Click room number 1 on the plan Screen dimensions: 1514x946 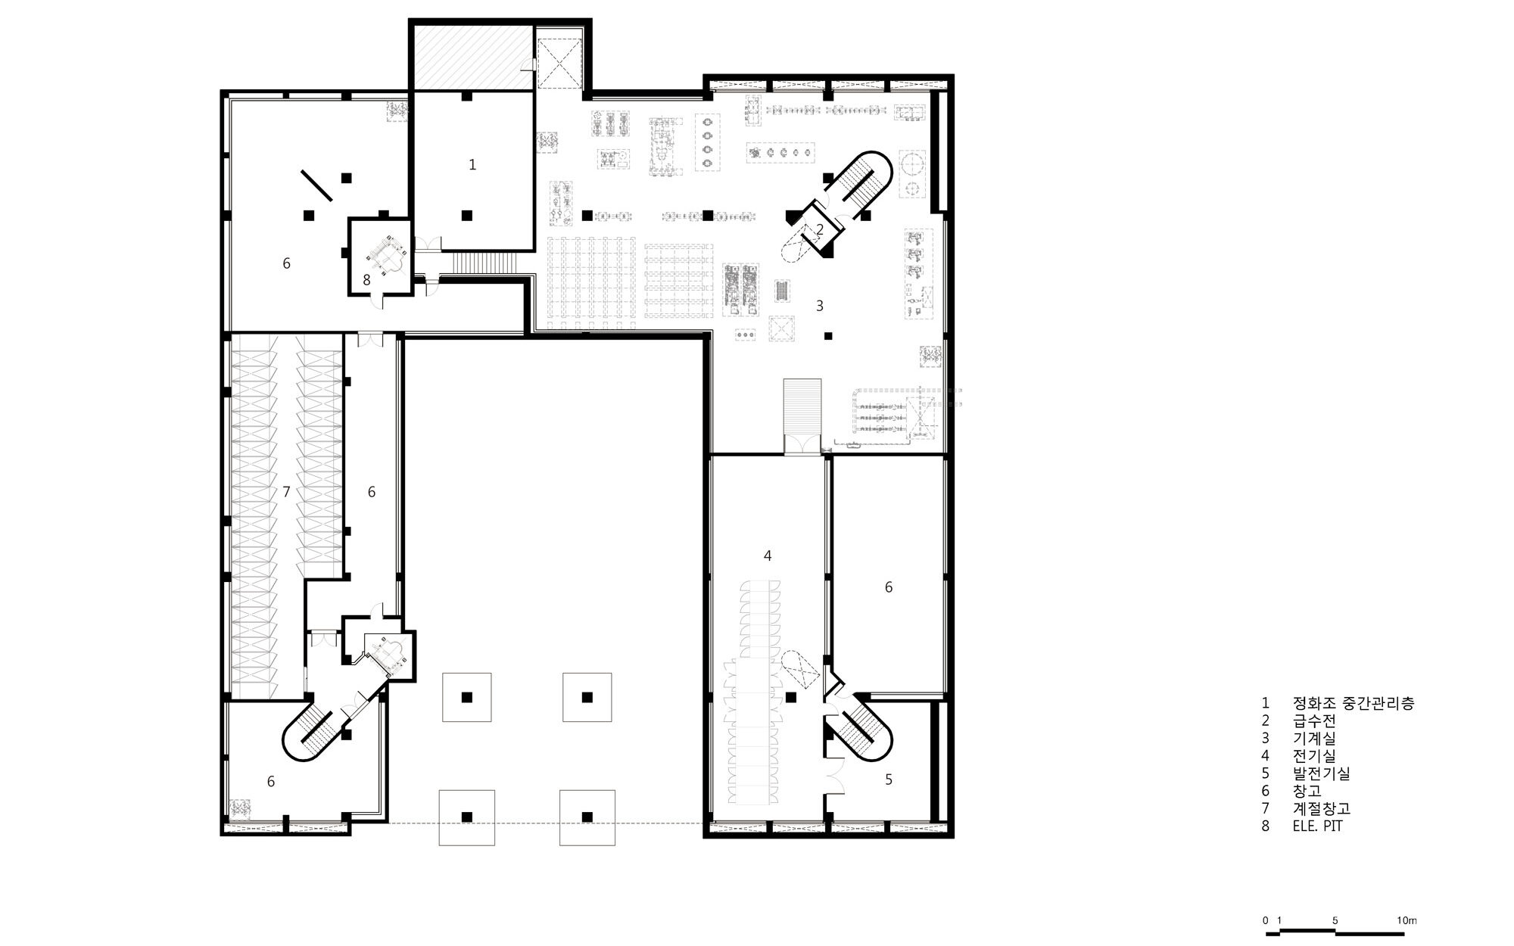[472, 164]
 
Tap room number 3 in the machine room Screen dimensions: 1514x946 [819, 306]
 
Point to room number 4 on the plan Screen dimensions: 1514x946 [768, 555]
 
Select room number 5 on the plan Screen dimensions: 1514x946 [889, 779]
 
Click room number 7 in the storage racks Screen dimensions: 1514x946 [286, 492]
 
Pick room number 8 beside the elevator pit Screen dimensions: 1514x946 [366, 280]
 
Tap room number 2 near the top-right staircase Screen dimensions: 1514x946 [819, 229]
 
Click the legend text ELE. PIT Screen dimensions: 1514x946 [1317, 826]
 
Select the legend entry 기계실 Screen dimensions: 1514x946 [1314, 738]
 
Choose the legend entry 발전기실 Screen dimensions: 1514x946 [1321, 773]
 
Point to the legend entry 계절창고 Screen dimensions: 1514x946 [1321, 809]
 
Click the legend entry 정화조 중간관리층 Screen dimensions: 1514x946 [1354, 703]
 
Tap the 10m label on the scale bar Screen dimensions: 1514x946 [1407, 920]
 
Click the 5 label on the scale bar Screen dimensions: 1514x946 [1335, 920]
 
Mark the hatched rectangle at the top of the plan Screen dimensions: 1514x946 [473, 58]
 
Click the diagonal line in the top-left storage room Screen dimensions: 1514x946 [316, 185]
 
